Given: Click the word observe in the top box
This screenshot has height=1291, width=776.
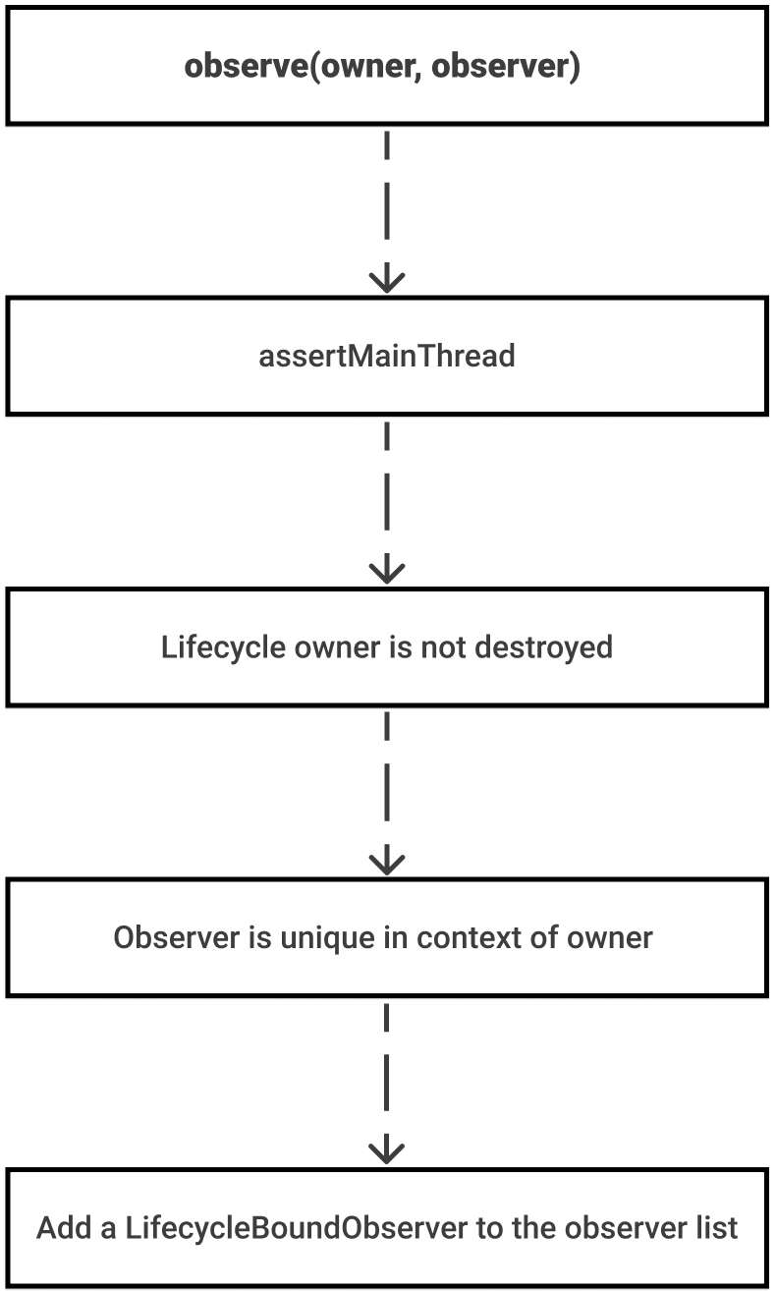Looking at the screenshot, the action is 246,67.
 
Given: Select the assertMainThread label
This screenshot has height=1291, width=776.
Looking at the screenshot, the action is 387,356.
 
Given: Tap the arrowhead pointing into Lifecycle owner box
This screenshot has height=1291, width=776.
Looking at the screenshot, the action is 387,573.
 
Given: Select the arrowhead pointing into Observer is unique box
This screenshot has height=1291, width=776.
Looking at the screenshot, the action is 387,864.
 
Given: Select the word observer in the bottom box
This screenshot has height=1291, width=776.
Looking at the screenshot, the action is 625,1228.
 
